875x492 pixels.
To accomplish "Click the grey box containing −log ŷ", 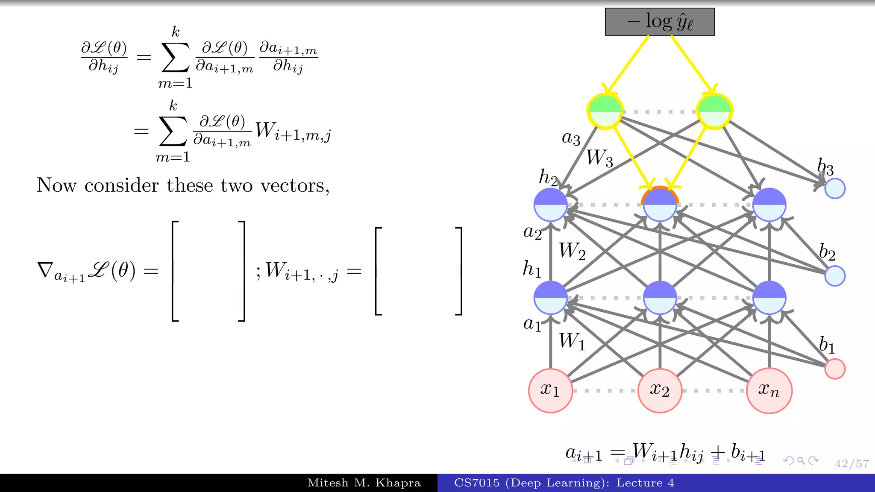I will coord(660,22).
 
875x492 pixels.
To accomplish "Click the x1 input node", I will coord(550,390).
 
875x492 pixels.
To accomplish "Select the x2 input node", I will coord(660,390).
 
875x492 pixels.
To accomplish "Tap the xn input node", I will coord(769,390).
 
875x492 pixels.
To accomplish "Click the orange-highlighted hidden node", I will coord(660,205).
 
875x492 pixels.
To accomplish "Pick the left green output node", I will coord(605,111).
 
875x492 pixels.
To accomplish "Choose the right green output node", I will coord(714,111).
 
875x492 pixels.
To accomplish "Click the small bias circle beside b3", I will coord(835,188).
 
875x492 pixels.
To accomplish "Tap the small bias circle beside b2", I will coord(835,276).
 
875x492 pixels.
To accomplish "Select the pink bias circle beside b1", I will coord(835,369).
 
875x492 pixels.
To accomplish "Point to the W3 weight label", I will coord(599,158).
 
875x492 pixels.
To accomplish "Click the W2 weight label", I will coord(572,251).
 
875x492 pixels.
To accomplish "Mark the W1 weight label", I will coord(572,341).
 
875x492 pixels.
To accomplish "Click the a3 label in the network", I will coord(571,138).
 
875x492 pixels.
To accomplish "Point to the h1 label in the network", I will coord(532,269).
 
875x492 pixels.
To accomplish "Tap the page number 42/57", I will coord(852,464).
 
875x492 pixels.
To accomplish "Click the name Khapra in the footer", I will coord(398,483).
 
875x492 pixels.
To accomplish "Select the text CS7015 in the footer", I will coord(476,483).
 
